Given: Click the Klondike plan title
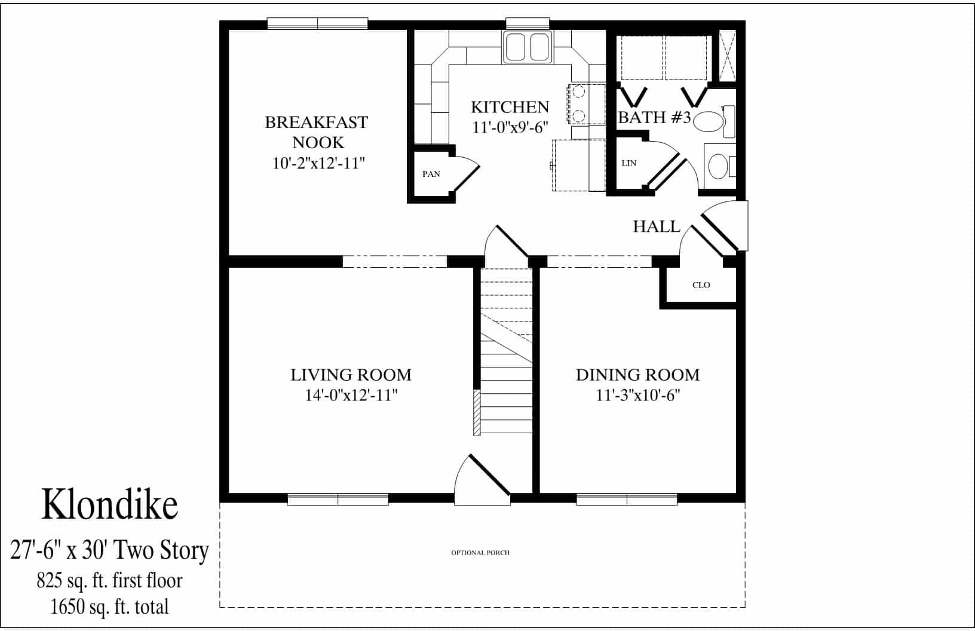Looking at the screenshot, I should click(109, 504).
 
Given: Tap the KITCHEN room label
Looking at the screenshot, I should click(510, 107).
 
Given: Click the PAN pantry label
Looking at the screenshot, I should click(431, 174).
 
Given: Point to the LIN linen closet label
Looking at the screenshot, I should click(628, 163).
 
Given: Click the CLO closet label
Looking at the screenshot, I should click(701, 285).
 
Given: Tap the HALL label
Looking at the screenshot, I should click(657, 226).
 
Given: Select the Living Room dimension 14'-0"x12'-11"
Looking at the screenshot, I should click(351, 395).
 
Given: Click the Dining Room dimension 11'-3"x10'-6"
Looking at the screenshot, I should click(637, 395).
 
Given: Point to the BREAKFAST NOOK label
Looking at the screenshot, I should click(317, 132).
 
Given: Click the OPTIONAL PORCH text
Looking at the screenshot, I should click(480, 553).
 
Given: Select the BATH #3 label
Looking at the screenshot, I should click(654, 117).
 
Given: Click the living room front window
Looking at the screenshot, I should click(338, 499).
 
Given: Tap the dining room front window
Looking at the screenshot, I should click(626, 499).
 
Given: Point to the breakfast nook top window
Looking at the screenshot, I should click(317, 23).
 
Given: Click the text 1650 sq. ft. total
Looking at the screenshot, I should click(109, 607).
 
